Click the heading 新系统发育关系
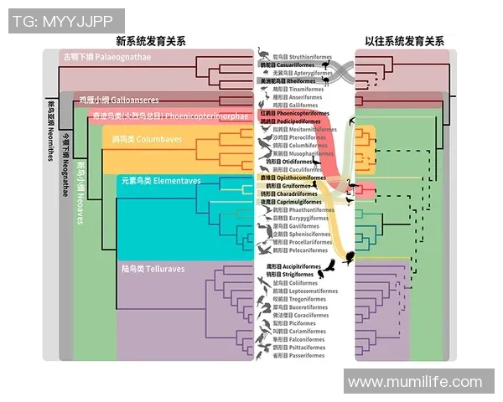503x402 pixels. [151, 40]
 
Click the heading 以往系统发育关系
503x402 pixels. [403, 40]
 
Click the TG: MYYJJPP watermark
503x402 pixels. [66, 20]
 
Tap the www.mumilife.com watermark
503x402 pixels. [416, 382]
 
